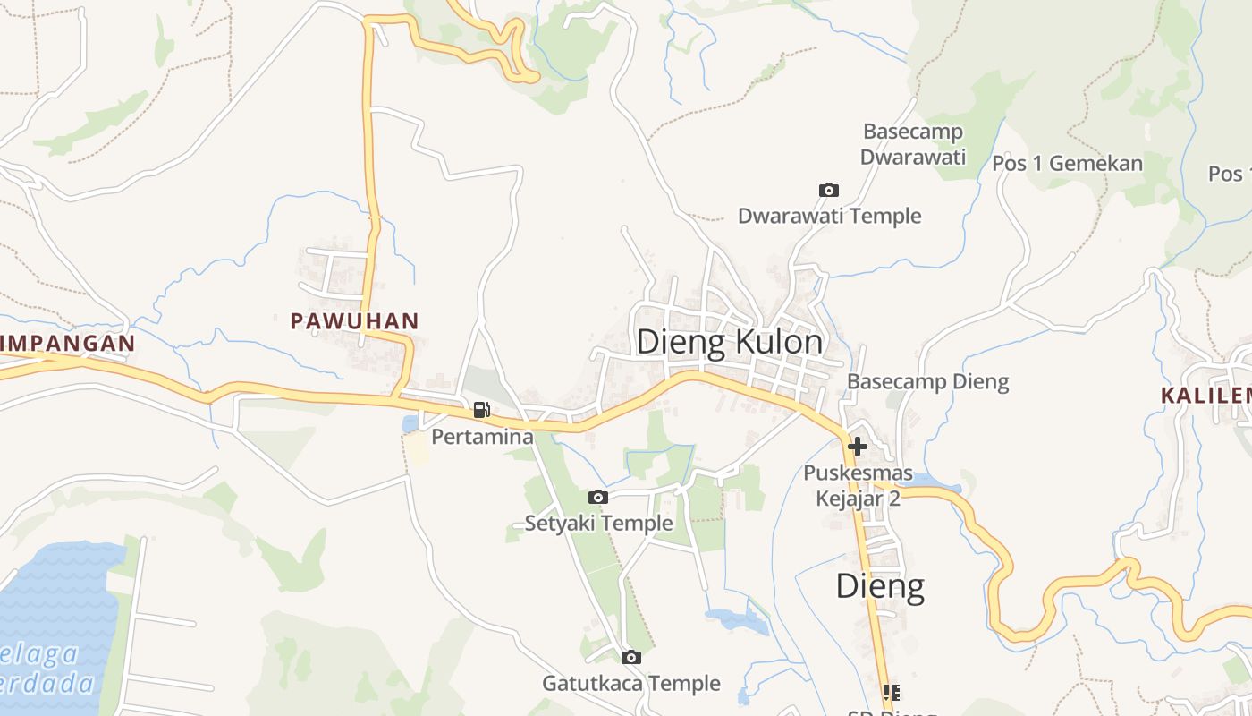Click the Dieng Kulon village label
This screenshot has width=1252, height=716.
click(729, 342)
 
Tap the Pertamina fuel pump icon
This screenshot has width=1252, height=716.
click(481, 410)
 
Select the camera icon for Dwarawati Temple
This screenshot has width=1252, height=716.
click(829, 190)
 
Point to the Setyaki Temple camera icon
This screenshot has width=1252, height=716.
click(598, 497)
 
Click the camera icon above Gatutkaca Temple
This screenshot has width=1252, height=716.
click(630, 657)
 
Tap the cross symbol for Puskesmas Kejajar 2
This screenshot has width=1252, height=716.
click(858, 445)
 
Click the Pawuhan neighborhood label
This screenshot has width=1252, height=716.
click(354, 320)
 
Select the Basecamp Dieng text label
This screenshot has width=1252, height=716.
click(927, 381)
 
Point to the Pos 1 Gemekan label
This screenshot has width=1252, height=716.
click(1067, 163)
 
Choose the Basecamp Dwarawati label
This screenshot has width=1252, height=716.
click(913, 144)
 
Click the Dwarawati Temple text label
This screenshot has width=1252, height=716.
click(829, 216)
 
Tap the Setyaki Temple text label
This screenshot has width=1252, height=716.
click(598, 523)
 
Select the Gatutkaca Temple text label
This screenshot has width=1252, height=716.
click(630, 683)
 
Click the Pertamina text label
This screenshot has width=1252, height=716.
click(482, 437)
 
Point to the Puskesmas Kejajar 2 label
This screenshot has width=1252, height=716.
click(858, 485)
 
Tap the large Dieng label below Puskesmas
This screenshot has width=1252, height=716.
click(880, 586)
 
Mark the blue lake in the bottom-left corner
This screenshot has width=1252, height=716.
click(54, 618)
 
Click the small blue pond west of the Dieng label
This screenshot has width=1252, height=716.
click(735, 619)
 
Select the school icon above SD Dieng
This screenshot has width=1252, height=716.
click(891, 692)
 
